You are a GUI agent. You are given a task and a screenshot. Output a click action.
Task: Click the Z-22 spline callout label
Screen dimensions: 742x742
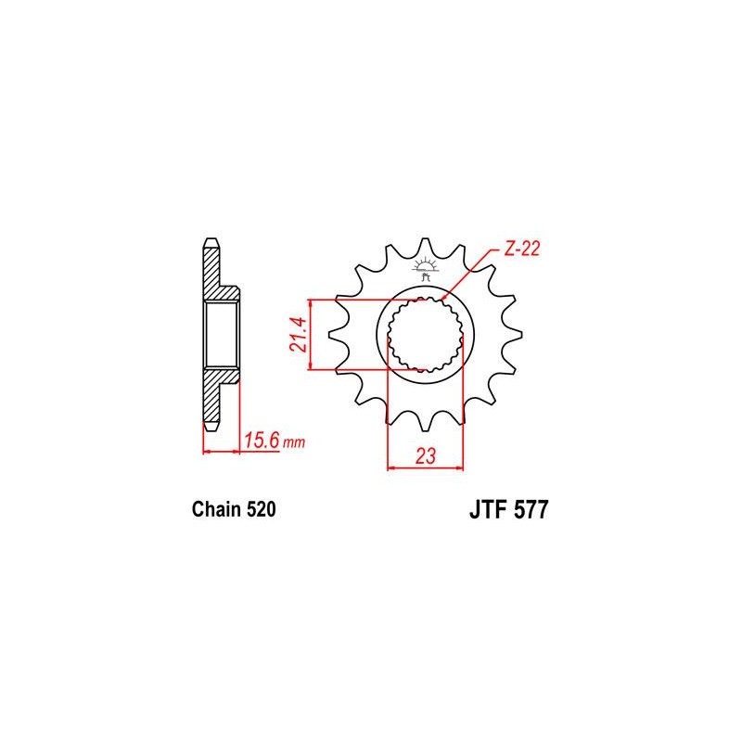click(x=522, y=249)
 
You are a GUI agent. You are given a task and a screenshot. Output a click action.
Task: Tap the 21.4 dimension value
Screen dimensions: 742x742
click(x=299, y=334)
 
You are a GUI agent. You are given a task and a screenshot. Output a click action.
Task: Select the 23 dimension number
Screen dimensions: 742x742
click(x=426, y=456)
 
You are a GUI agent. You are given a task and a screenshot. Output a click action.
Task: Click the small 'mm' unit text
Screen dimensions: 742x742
click(x=294, y=443)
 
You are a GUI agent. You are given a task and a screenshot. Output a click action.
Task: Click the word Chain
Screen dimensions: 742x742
click(x=216, y=509)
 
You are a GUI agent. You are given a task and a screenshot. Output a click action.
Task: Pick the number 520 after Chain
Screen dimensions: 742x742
click(x=261, y=509)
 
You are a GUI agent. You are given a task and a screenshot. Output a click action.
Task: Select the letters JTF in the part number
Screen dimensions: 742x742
click(x=489, y=510)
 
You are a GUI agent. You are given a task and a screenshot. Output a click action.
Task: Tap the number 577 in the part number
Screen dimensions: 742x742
click(x=531, y=510)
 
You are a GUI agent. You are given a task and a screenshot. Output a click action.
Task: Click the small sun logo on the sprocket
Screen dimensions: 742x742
click(x=425, y=268)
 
